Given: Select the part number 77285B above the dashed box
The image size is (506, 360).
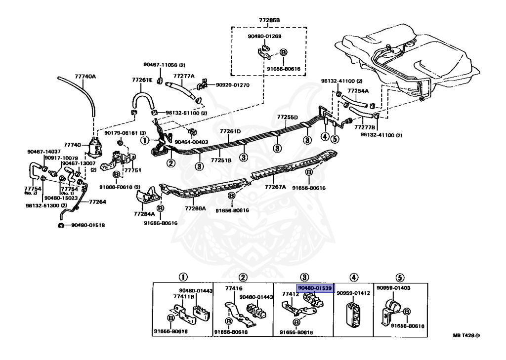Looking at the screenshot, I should [x=269, y=20].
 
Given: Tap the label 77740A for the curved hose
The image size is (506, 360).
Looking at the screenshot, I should [x=85, y=77].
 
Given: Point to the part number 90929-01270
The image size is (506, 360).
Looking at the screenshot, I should [x=232, y=85].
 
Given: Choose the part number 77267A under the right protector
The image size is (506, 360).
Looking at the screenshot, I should [x=275, y=187].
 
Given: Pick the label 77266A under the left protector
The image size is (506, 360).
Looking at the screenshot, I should [x=195, y=209].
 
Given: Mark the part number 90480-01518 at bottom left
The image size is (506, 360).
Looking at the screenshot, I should [x=87, y=225].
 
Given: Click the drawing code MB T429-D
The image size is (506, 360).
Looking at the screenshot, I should [x=466, y=336].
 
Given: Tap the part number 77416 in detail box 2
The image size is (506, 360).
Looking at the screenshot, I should [x=233, y=287].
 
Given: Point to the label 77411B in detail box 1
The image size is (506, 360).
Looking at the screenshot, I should [x=183, y=297].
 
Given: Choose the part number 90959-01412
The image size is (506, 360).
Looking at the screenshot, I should [x=353, y=293].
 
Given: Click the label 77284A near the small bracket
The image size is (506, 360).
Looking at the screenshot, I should [x=144, y=214].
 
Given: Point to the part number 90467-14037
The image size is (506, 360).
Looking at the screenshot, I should [x=43, y=151].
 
